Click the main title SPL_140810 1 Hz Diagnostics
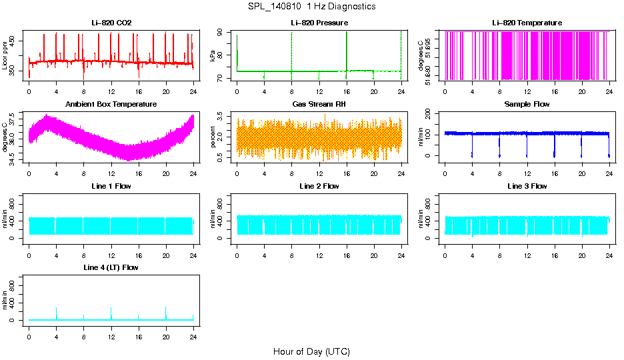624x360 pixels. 311,6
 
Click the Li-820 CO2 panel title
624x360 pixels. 111,23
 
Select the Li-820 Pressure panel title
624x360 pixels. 319,23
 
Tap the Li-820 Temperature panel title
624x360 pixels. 527,23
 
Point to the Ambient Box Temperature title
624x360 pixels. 111,104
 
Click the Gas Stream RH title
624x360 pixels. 319,104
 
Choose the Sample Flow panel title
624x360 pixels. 527,104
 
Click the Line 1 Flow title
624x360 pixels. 111,186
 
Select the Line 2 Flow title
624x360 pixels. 319,186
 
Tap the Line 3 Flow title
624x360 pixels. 527,186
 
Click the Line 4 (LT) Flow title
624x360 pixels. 111,267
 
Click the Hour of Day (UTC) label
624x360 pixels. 311,351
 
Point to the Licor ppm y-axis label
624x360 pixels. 5,55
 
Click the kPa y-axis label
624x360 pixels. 213,55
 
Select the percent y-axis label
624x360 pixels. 213,137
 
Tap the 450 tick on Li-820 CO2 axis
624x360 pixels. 15,41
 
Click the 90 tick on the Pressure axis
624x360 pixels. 223,32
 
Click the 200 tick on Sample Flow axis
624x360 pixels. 431,113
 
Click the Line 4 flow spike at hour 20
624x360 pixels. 165,310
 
